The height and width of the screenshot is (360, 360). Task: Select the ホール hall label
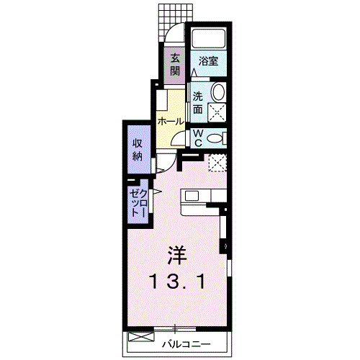(171, 121)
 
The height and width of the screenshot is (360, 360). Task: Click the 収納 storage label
(138, 149)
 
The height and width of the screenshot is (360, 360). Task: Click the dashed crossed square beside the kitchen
(217, 163)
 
